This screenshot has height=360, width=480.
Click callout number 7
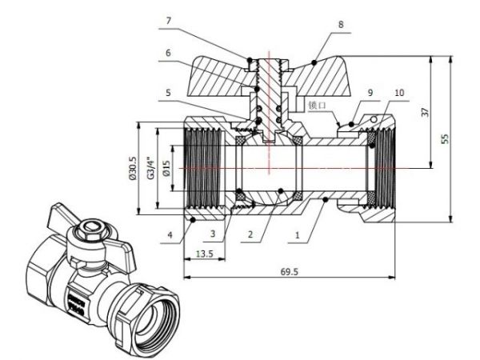click(x=168, y=18)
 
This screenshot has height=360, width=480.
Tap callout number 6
click(x=168, y=54)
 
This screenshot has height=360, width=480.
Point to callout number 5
click(x=168, y=92)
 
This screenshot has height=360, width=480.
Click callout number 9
click(x=370, y=94)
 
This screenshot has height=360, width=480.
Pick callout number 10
click(x=399, y=94)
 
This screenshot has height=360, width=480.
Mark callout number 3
click(x=214, y=234)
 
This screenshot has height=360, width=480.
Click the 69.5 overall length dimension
click(x=289, y=273)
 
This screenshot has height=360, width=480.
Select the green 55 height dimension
click(x=446, y=138)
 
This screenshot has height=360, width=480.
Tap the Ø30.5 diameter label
click(x=132, y=167)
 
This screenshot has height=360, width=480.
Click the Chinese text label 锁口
click(x=319, y=104)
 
